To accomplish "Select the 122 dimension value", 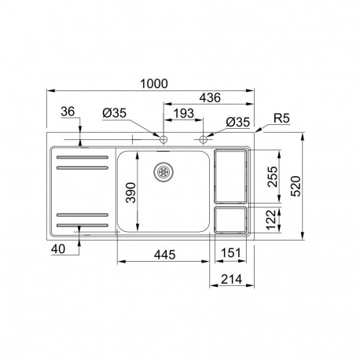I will point(271,222).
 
